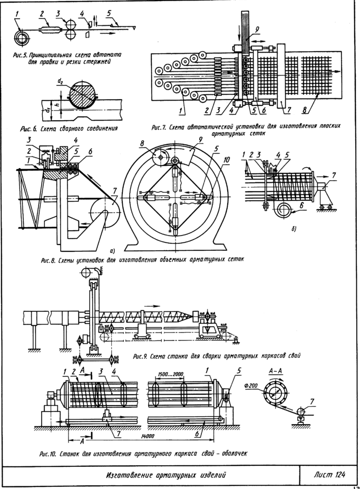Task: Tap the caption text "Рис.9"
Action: pos(143,355)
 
